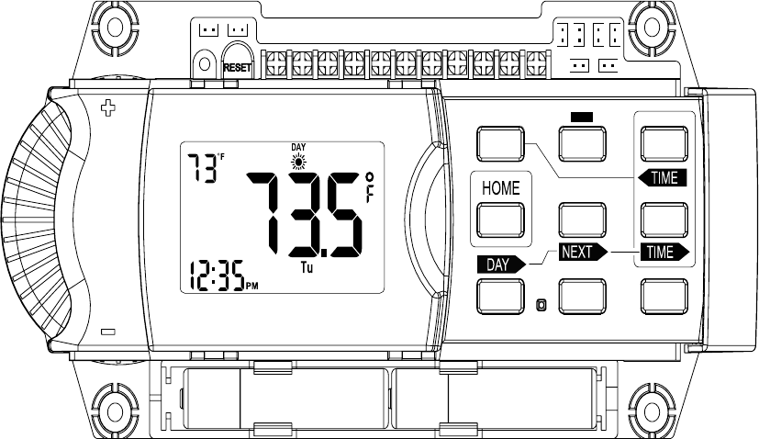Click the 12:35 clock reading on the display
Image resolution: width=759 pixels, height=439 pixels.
(217, 276)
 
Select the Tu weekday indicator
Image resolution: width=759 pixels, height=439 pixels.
(307, 270)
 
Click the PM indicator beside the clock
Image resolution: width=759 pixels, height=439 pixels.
(252, 287)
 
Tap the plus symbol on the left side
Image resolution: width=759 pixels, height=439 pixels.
(108, 110)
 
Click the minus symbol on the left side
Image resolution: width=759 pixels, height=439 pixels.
(108, 332)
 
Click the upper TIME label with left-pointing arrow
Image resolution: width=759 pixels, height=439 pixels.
(662, 178)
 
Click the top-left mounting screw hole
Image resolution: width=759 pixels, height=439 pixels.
(116, 28)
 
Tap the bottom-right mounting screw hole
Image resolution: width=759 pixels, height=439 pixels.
(649, 408)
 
